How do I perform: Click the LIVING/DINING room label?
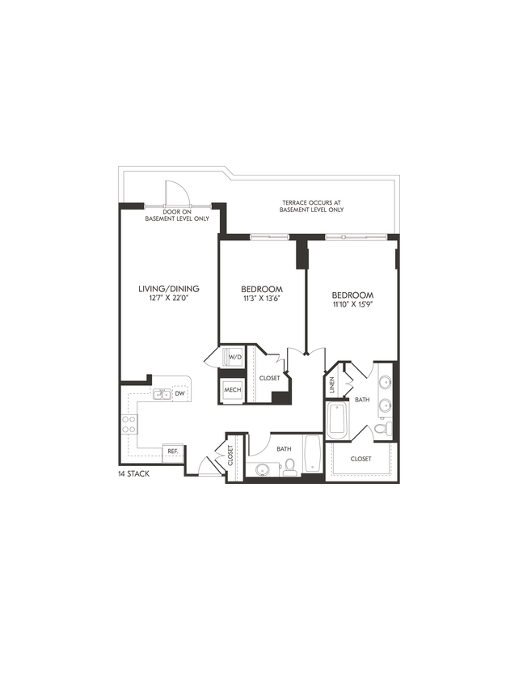click(x=169, y=289)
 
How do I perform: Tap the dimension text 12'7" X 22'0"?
click(x=169, y=299)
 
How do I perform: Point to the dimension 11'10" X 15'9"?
click(x=352, y=304)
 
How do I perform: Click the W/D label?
click(x=234, y=357)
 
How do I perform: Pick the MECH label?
click(x=234, y=390)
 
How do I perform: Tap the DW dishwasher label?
click(x=180, y=394)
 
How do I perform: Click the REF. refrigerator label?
click(x=172, y=451)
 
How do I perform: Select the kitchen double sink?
click(x=162, y=395)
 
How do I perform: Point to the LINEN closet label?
click(x=333, y=385)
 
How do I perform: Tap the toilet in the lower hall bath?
click(x=289, y=467)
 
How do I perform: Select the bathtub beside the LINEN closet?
click(x=337, y=419)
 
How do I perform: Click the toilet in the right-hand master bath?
click(x=386, y=427)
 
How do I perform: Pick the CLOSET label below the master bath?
click(x=360, y=459)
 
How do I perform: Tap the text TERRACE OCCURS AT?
click(x=311, y=202)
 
